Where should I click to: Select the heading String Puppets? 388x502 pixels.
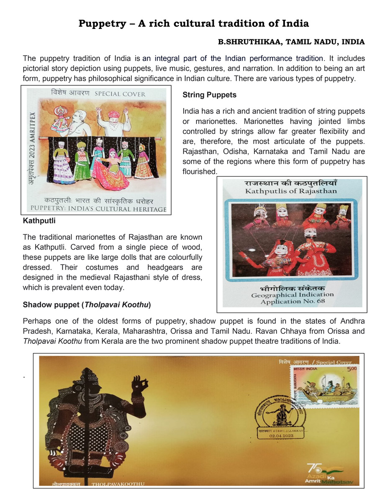tap(209, 95)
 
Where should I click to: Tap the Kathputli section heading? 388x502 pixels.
tap(39, 220)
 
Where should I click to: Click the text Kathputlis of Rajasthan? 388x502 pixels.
tap(291, 191)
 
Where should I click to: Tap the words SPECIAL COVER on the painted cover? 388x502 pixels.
tap(120, 94)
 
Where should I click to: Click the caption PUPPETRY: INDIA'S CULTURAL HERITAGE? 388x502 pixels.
tap(99, 209)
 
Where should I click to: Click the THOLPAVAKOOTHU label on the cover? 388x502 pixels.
tap(118, 484)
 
